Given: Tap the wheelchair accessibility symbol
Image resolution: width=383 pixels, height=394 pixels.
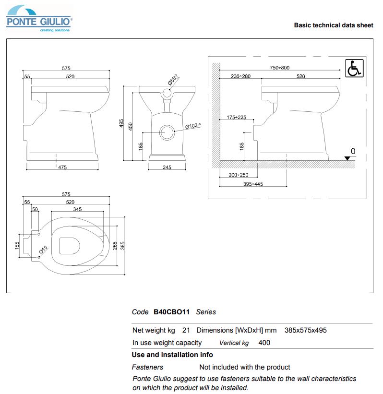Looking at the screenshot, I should [355, 68].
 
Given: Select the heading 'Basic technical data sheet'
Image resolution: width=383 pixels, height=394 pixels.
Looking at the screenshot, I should [333, 25].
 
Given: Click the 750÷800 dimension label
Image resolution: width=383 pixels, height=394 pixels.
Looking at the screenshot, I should [280, 68].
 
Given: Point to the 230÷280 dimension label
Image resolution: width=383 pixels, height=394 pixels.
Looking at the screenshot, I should [240, 76].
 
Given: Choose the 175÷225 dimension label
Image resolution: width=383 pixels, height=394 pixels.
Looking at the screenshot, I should [237, 118].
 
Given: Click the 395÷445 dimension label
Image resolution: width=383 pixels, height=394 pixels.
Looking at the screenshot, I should [253, 184].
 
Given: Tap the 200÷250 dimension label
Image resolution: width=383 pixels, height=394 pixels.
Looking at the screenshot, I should [239, 175].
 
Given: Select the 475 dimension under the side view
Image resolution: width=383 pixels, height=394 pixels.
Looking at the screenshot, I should [62, 167].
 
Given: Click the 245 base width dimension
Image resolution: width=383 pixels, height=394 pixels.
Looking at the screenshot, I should [167, 167].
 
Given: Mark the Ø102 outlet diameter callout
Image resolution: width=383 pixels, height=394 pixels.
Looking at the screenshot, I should [193, 126].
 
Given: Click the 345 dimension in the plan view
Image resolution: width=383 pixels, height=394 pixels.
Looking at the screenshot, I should [77, 209].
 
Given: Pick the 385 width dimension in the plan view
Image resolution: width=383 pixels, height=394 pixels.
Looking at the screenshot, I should [122, 245].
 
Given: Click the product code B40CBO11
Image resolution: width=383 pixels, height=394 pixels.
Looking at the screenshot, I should [171, 312].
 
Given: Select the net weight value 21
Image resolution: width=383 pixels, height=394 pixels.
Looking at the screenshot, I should [186, 330].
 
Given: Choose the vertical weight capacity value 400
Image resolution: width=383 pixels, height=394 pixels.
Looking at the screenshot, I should [264, 343].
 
